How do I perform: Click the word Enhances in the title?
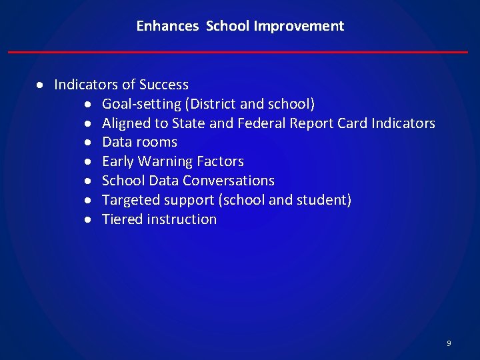167,26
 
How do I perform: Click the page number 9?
449,343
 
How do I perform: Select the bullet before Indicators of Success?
41,85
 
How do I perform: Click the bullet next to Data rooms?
88,143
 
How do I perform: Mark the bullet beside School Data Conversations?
88,181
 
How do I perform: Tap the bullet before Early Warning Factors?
88,162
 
